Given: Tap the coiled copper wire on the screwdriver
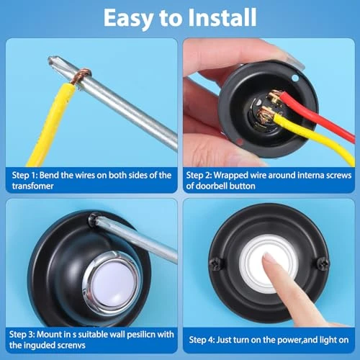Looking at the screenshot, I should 81,73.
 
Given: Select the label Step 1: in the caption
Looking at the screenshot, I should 25,175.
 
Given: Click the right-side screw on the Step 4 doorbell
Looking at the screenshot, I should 323,261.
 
